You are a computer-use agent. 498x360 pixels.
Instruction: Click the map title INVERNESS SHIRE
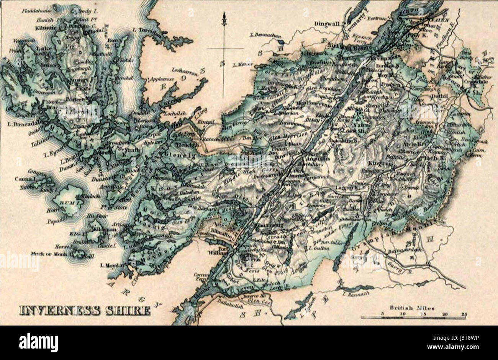[85, 310]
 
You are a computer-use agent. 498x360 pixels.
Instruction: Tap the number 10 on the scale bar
[402, 313]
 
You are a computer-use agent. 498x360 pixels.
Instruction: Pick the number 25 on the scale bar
[464, 313]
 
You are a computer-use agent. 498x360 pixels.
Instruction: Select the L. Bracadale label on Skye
[22, 124]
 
